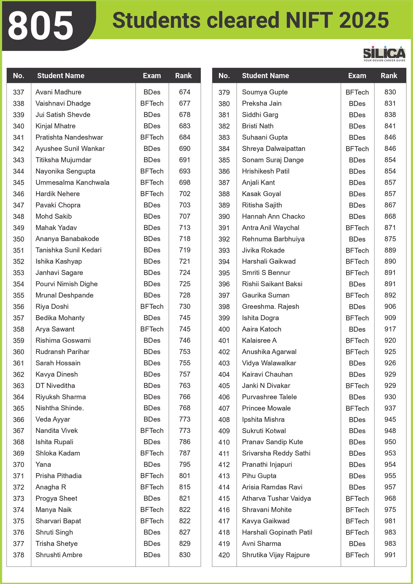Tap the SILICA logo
(384, 53)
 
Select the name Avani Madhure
(58, 92)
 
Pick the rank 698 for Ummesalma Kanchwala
(185, 182)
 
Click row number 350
(19, 239)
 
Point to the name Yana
(43, 464)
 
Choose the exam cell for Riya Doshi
(152, 306)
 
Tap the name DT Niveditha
(55, 386)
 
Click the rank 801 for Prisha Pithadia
(185, 476)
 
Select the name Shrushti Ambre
(59, 555)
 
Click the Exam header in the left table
(152, 76)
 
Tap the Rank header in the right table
(389, 76)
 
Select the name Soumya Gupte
(265, 92)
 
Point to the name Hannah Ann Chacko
(273, 217)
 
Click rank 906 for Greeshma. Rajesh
(390, 306)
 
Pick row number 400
(224, 329)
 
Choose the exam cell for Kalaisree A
(357, 341)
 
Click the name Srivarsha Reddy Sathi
(276, 453)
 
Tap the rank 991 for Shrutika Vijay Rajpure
(390, 555)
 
